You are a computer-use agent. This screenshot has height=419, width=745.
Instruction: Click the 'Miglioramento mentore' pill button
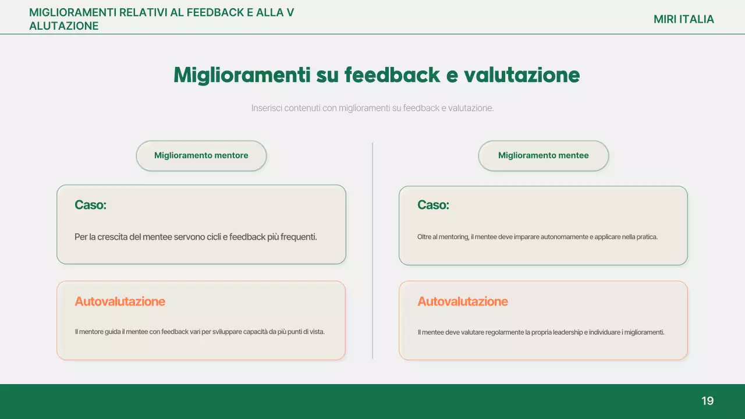coord(201,155)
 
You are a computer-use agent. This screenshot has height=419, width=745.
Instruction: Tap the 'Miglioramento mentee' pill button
coord(543,155)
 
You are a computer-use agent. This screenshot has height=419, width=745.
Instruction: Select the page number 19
coord(707,401)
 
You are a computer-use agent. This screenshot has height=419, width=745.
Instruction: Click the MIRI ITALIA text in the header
coord(683,19)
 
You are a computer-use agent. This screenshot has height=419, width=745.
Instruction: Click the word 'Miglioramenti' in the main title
coord(242,75)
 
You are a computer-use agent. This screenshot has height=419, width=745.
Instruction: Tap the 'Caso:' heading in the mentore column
coord(90,205)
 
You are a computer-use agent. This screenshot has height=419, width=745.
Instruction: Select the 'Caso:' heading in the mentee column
coord(433,205)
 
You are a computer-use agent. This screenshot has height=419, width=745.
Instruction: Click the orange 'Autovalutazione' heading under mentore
coord(120,301)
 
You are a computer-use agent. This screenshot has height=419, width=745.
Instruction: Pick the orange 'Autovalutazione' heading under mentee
coord(463,301)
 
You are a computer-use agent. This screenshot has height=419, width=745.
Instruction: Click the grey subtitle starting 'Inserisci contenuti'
coord(372,108)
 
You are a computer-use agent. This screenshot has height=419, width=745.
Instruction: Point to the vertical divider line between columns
coord(372,250)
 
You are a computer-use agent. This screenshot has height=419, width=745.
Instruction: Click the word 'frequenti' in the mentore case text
coord(299,237)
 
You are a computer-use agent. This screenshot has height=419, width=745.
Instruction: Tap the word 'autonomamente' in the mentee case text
coord(547,237)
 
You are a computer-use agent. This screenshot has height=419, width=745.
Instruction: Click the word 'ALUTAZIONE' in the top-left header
coord(64,26)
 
